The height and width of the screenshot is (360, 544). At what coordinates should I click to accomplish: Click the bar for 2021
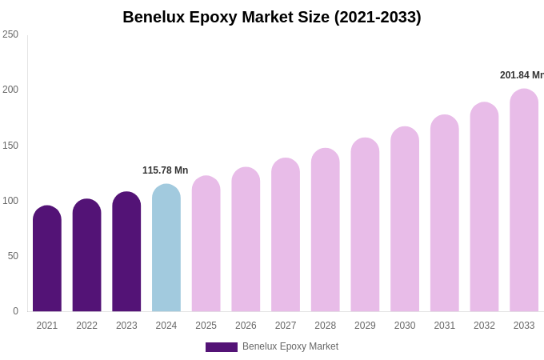47,260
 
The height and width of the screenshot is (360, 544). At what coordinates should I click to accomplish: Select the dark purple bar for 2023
126,253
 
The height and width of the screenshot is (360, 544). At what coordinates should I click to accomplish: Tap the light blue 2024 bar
166,249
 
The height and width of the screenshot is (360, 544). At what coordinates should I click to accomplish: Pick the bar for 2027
286,236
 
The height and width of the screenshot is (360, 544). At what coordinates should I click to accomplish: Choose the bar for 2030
405,220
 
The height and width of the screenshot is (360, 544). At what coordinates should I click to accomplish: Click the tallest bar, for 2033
524,202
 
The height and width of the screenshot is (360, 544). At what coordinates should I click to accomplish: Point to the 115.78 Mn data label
165,170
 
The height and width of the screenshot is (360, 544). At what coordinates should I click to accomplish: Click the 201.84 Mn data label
522,75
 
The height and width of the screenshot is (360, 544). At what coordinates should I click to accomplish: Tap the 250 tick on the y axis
10,34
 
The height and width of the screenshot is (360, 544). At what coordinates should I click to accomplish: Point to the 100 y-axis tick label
10,201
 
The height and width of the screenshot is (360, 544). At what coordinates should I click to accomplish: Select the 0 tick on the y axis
15,311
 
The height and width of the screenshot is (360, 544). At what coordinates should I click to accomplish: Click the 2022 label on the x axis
86,326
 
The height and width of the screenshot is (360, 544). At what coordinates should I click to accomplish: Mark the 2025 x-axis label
206,326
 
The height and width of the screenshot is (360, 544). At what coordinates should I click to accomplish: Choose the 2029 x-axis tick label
365,326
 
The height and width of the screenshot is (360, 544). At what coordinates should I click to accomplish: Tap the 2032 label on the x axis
484,326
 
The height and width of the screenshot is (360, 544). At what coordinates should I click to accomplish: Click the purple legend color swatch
221,347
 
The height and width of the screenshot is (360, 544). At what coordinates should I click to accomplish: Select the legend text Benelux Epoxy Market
290,346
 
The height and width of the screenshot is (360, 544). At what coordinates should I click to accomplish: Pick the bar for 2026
246,241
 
